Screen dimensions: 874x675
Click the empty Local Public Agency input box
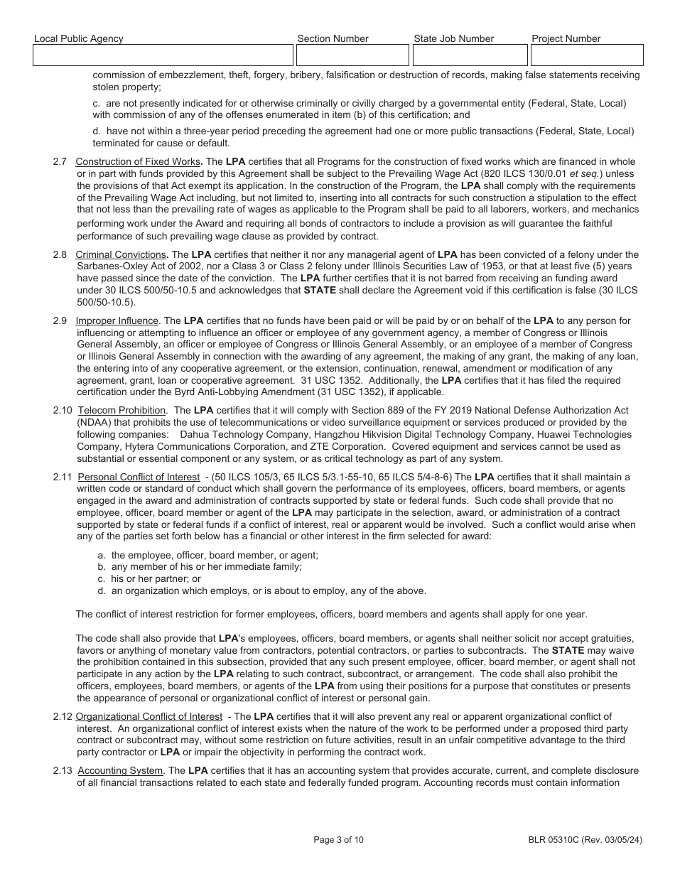click(x=163, y=55)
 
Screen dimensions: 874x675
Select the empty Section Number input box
click(x=351, y=55)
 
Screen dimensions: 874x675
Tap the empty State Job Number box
click(x=469, y=55)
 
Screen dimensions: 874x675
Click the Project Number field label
click(x=566, y=38)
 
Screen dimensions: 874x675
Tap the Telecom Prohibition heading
click(x=121, y=410)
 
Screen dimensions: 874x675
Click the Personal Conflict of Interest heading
click(x=139, y=477)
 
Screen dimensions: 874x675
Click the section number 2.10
click(x=63, y=410)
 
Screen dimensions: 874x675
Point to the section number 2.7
click(x=60, y=162)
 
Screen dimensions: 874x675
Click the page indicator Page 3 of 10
click(x=338, y=840)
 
